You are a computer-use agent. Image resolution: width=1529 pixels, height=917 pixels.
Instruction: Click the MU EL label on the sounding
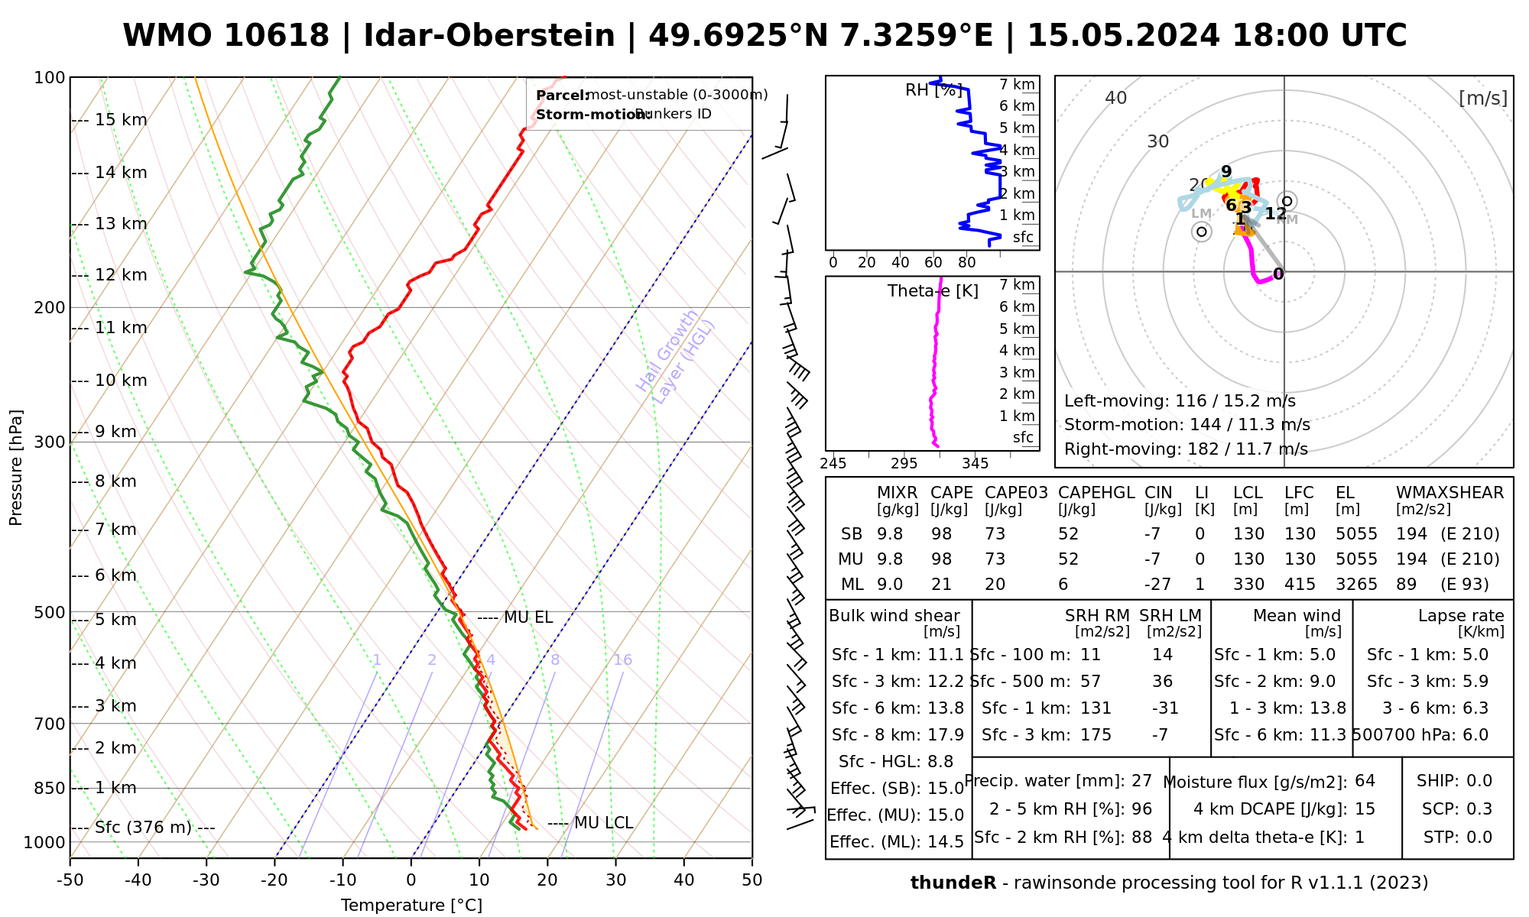(528, 617)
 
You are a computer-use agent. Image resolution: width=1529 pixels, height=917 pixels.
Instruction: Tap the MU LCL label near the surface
(603, 823)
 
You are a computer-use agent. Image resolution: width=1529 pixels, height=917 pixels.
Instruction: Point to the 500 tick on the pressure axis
(50, 613)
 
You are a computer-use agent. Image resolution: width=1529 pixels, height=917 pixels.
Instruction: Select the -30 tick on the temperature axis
(206, 880)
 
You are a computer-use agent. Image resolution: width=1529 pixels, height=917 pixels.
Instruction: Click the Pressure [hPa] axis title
(16, 468)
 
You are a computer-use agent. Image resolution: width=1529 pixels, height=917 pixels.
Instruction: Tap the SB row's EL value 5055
(1356, 534)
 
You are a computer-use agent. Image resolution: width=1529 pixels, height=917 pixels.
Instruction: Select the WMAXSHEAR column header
(1449, 493)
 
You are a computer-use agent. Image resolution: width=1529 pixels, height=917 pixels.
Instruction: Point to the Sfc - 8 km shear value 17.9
(947, 735)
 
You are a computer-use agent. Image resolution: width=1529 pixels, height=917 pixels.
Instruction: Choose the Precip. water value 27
(1141, 781)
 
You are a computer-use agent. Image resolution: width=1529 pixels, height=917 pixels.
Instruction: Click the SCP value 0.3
(1479, 809)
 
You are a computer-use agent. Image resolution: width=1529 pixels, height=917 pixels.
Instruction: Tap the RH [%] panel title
(933, 90)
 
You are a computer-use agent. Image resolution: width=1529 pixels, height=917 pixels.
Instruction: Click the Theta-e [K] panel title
(933, 291)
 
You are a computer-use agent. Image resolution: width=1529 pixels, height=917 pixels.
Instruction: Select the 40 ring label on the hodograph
(1116, 98)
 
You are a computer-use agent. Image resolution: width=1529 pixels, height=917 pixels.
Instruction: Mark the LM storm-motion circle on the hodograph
(1202, 232)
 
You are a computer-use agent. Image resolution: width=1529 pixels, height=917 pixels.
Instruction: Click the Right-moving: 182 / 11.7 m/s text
(1186, 449)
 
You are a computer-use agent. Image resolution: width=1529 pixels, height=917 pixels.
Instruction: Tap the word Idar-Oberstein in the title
(489, 36)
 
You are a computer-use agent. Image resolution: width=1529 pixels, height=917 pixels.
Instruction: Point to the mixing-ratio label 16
(622, 660)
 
